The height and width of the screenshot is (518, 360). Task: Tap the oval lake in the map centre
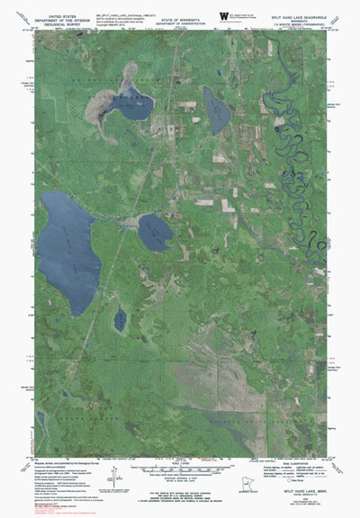[155, 233]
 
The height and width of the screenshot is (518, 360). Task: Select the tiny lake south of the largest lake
[120, 319]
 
